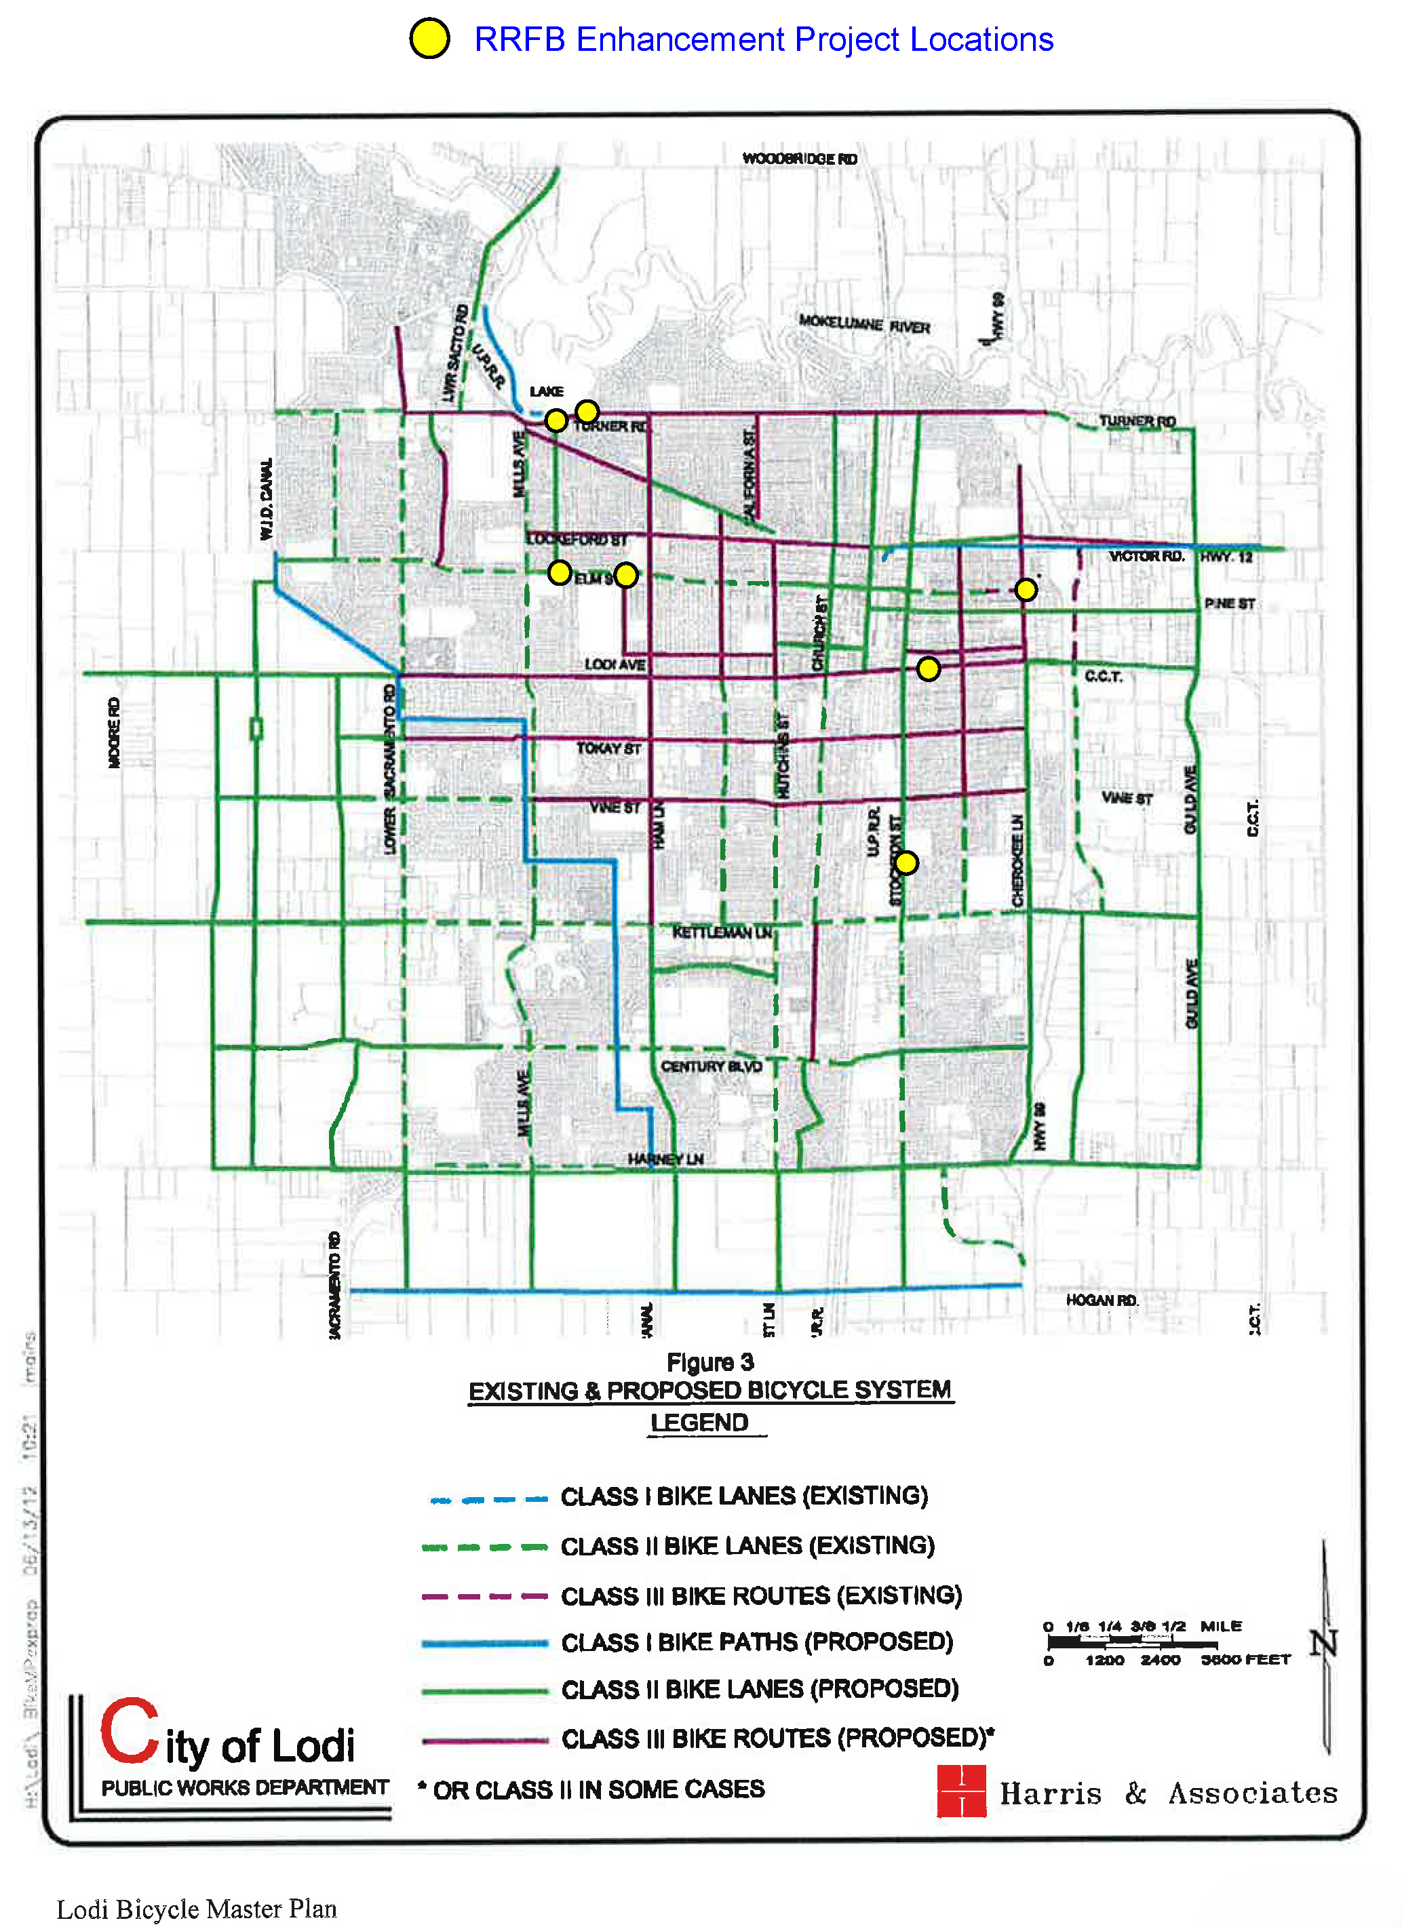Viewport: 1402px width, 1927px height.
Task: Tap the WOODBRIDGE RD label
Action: click(799, 159)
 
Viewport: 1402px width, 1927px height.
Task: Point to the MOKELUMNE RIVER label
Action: click(863, 323)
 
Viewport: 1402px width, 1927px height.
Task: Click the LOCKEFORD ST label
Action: click(577, 540)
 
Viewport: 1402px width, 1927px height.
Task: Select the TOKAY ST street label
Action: click(608, 748)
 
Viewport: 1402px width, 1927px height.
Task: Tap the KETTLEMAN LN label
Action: click(722, 932)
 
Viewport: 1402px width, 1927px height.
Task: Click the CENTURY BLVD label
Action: click(712, 1067)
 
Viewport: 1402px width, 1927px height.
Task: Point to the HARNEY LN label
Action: click(665, 1159)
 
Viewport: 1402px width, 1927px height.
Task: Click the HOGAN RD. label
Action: click(1102, 1300)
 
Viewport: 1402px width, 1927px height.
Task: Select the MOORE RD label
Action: click(115, 732)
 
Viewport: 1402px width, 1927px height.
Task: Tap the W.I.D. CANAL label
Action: click(267, 499)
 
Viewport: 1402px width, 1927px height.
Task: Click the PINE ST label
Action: click(1228, 603)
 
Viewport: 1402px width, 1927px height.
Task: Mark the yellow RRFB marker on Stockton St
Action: click(907, 862)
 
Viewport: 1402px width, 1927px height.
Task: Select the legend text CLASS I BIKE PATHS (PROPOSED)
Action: click(756, 1642)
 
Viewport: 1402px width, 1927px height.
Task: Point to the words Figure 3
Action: click(710, 1363)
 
